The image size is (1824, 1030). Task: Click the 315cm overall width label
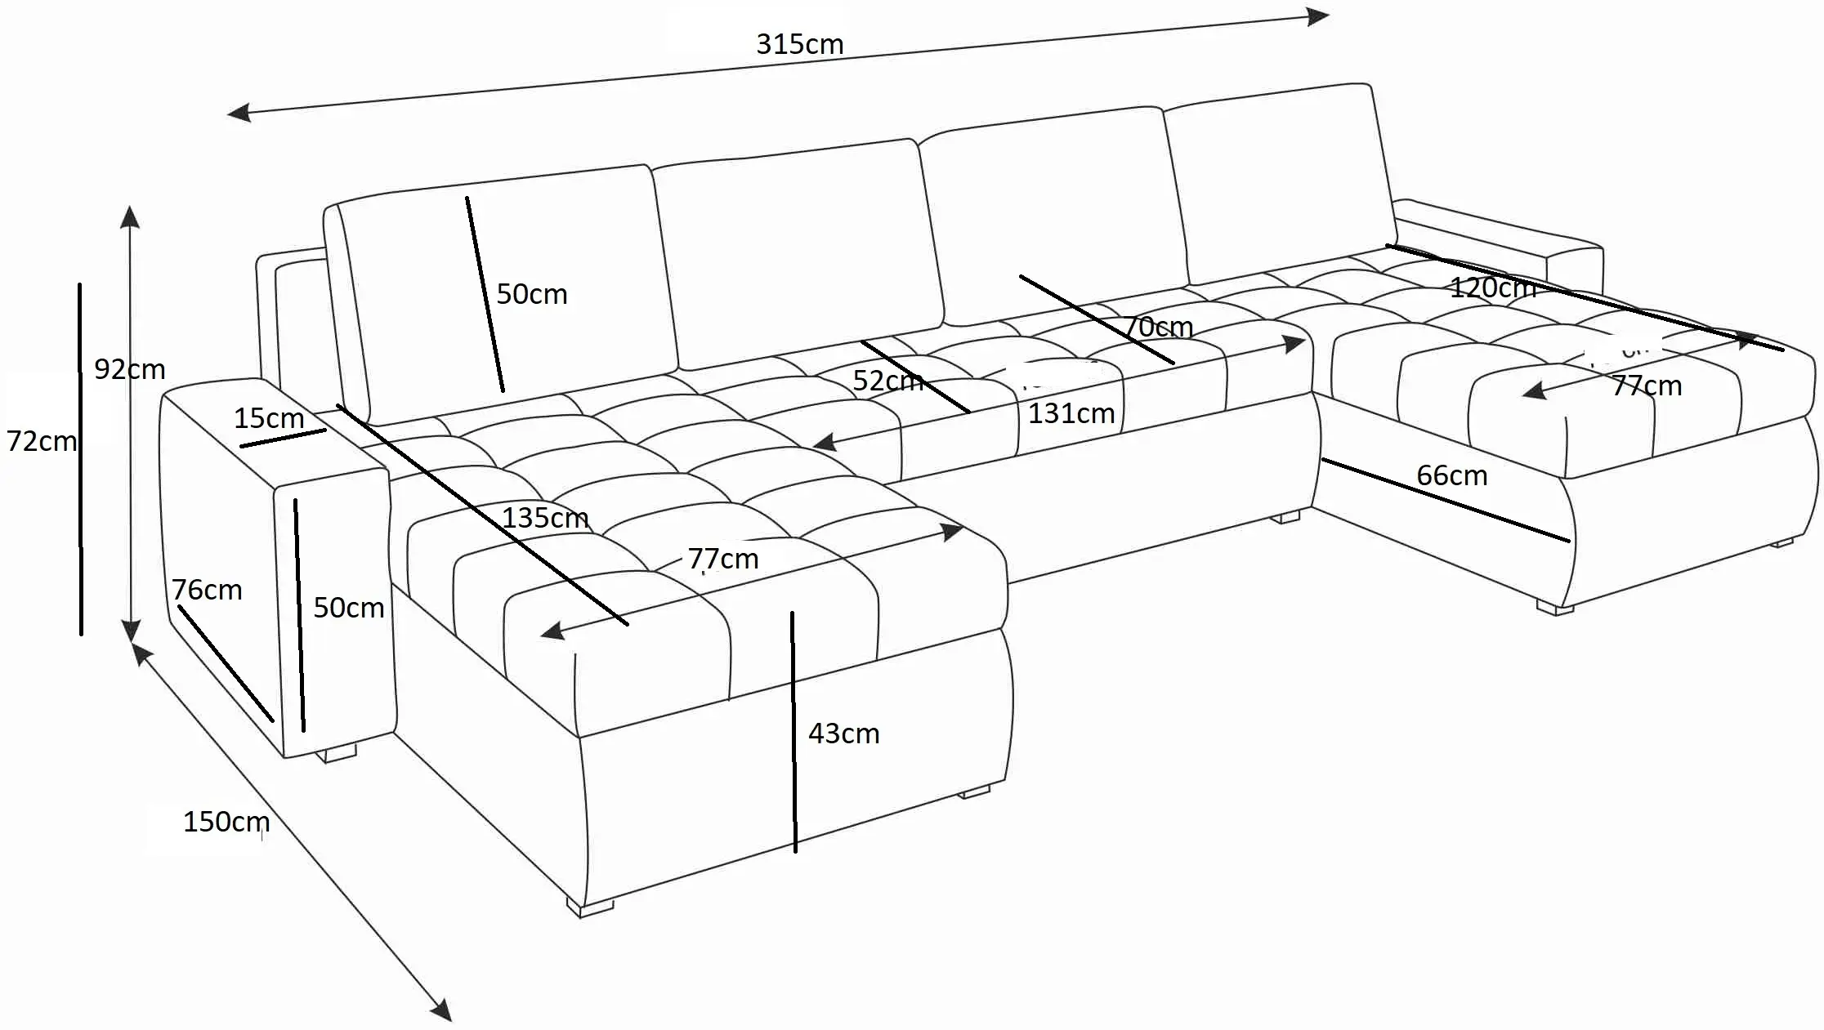pos(799,44)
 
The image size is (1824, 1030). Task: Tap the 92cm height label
pos(129,369)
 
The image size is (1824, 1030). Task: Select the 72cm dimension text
pos(41,441)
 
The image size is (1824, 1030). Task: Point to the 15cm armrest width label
pos(269,418)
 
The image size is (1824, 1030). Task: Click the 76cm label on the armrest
pos(207,590)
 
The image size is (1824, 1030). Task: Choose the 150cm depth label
pos(226,821)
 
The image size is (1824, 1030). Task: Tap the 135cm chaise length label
pos(544,518)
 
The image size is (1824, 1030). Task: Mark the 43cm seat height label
pos(843,733)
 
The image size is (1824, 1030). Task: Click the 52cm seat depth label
pos(887,381)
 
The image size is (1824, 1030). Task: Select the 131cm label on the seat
pos(1071,413)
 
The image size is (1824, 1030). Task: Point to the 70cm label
pos(1159,328)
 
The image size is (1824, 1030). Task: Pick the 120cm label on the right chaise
pos(1492,288)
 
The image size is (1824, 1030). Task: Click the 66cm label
pos(1451,475)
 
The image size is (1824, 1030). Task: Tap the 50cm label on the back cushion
pos(531,294)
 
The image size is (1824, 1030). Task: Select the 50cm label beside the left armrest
pos(348,608)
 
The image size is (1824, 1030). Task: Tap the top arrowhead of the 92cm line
pos(130,216)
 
